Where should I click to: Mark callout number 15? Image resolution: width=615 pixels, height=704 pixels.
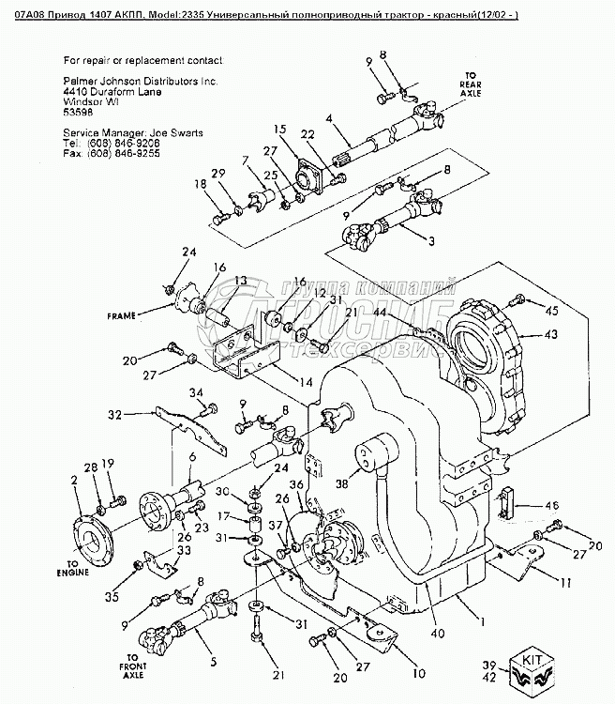tap(279, 128)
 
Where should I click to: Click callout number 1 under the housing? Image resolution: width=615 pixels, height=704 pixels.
tap(483, 621)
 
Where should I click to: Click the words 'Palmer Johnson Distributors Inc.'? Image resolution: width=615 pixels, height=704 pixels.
tap(140, 83)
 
